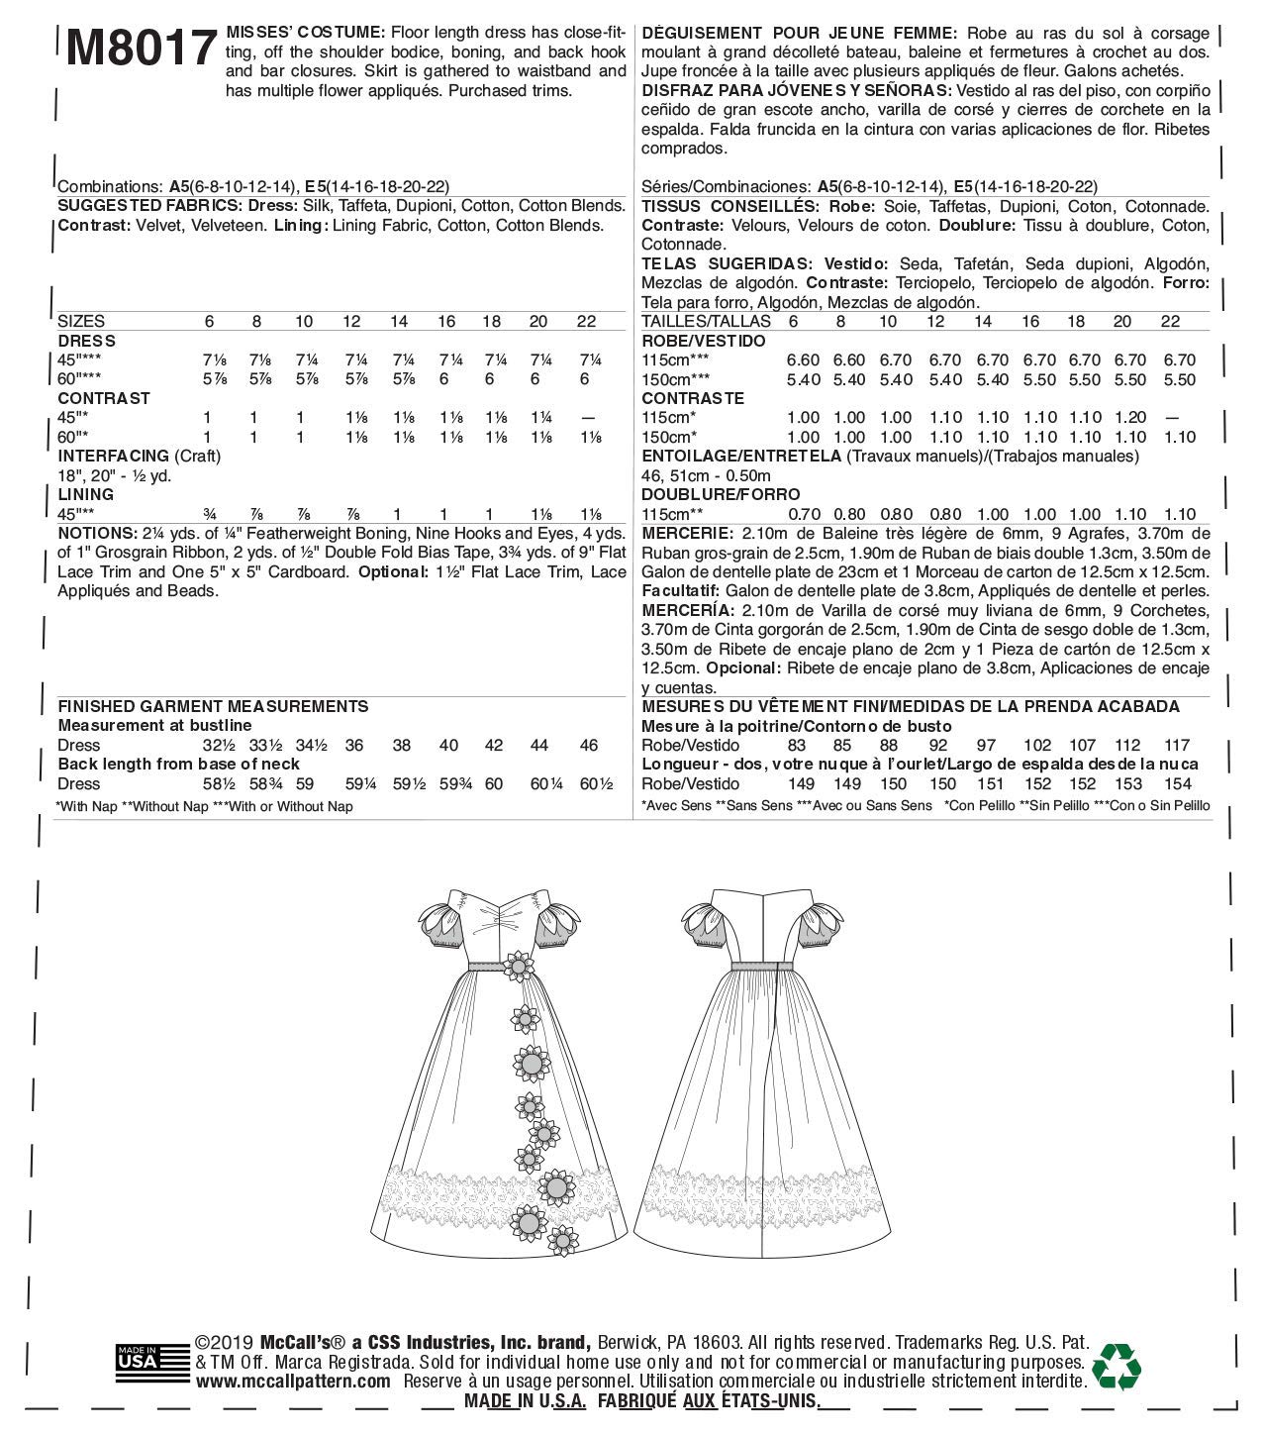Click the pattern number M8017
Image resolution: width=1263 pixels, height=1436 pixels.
coord(141,47)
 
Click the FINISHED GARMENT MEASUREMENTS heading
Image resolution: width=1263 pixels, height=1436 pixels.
coord(213,706)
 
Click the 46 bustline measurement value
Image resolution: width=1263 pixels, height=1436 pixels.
coord(589,745)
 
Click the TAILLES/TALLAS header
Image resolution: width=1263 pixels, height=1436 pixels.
coord(706,322)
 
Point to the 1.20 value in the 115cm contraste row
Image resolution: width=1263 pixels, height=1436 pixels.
coord(1122,418)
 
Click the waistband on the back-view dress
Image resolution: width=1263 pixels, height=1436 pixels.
coord(763,966)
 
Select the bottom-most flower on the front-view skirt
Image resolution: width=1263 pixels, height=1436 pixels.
coord(564,1239)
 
